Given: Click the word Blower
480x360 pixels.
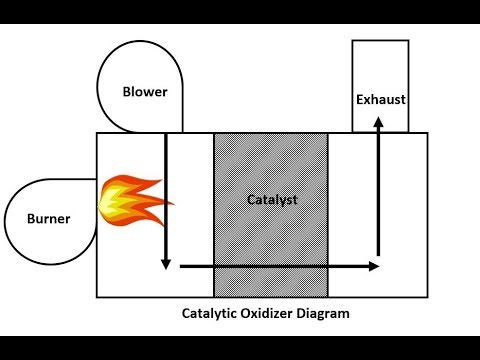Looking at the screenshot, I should click(x=145, y=93).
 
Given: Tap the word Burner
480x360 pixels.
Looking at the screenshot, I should click(x=49, y=219).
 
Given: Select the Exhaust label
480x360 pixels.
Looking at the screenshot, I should click(x=379, y=99).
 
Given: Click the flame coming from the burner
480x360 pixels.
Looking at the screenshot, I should click(x=129, y=199).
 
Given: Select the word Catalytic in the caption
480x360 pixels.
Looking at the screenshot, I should click(x=209, y=313).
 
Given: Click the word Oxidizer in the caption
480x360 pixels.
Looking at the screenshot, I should click(x=269, y=313).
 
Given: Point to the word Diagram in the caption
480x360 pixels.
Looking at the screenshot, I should click(x=327, y=313).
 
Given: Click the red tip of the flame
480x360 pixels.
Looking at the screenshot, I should click(x=166, y=203).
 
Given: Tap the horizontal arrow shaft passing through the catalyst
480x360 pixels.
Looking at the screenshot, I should click(x=272, y=266).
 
